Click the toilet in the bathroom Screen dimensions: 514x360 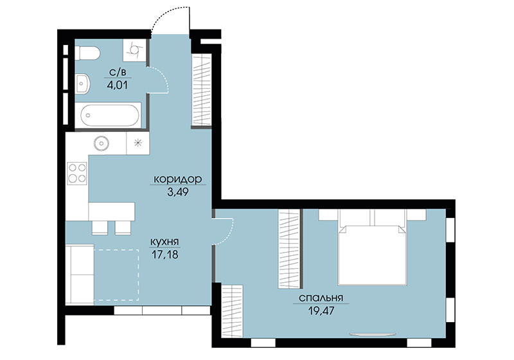[87, 53]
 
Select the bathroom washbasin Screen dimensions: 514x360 [82, 83]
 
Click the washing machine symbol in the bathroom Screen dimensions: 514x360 [134, 50]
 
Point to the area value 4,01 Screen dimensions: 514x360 [117, 85]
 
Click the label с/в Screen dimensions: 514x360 [118, 72]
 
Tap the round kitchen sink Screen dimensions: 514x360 [101, 143]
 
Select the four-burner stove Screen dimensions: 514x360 [77, 173]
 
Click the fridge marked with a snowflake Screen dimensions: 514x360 [138, 143]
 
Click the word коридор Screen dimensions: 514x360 [178, 179]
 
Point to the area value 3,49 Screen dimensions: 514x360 [178, 192]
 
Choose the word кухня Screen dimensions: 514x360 [164, 242]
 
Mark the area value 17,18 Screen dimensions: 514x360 [165, 254]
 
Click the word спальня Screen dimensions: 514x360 [321, 298]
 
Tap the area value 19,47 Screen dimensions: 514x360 [321, 310]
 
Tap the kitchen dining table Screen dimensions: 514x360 [112, 212]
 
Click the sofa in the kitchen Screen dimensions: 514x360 [80, 274]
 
